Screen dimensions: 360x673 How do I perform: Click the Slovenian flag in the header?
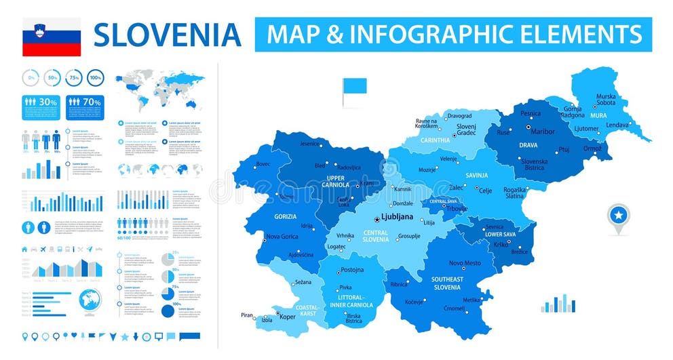coord(52,37)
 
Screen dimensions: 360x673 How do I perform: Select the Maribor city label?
coord(542,131)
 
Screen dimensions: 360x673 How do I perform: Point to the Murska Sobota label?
coord(606,100)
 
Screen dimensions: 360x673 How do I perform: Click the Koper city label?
coord(288,316)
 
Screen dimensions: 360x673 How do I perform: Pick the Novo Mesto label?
coord(465,263)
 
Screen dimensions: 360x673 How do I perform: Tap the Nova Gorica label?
coord(282,237)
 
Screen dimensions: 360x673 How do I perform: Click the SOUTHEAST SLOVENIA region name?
coord(447,283)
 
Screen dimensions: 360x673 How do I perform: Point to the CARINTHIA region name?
coord(435,140)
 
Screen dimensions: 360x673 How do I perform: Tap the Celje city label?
coord(485,191)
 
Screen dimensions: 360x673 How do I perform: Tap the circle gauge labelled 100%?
coord(95,78)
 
